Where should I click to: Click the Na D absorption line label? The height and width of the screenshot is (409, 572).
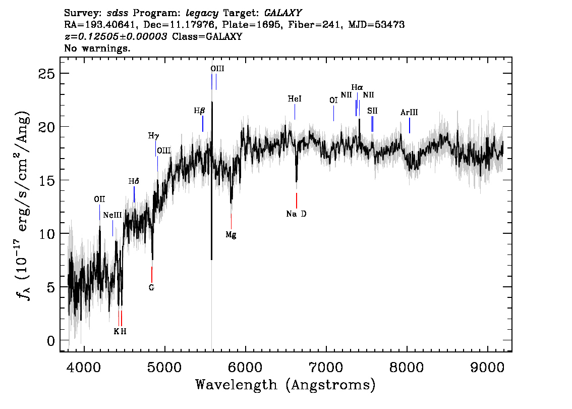tap(296, 214)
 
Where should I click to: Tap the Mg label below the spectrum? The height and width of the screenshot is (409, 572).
tap(231, 235)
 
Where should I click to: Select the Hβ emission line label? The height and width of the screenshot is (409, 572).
tap(199, 111)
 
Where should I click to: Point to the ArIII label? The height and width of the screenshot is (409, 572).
tap(409, 113)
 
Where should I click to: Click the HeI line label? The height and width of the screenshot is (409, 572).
tap(295, 99)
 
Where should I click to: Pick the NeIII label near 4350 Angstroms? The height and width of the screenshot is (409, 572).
tap(112, 215)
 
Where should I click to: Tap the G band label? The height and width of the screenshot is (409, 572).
tap(151, 288)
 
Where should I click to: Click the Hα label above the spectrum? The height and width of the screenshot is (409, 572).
tap(357, 88)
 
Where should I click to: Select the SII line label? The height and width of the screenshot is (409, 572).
tap(372, 111)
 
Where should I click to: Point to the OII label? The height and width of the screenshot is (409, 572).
tap(99, 199)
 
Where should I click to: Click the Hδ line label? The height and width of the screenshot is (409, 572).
tap(134, 181)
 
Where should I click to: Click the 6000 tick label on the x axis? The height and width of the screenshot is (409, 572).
tap(246, 367)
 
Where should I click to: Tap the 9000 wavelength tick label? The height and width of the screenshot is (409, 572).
tap(487, 367)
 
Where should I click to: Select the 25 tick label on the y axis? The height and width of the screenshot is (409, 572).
tap(46, 74)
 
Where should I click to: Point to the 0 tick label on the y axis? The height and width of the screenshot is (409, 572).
tap(51, 341)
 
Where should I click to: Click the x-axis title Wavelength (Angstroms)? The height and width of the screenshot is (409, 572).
tap(285, 385)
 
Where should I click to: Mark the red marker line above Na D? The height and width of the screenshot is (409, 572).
tap(297, 200)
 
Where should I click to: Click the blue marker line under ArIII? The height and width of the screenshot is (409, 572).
tap(409, 126)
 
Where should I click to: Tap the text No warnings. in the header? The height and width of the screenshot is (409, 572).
tap(97, 48)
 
